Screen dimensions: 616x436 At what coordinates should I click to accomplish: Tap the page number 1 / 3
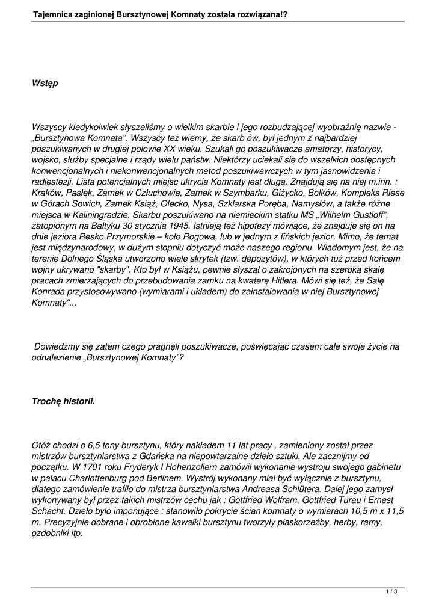pos(391,593)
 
